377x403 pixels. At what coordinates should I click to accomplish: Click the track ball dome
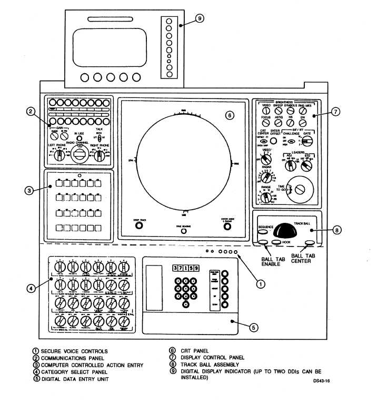[285, 229]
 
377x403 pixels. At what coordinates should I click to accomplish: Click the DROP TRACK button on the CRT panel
[139, 225]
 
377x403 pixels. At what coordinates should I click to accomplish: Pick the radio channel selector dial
[80, 155]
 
